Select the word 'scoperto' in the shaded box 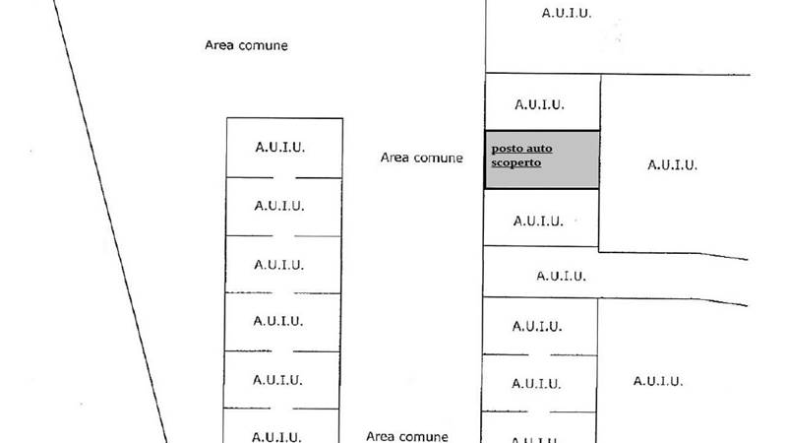point(516,162)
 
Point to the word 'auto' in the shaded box point(539,149)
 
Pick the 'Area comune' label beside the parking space point(421,157)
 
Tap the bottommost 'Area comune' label point(407,435)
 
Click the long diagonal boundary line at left point(108,226)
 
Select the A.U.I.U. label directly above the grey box point(539,104)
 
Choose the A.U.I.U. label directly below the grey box point(539,221)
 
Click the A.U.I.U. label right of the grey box point(673,165)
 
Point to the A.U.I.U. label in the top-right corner point(568,14)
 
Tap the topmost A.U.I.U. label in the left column point(279,148)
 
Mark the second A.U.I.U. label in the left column point(279,207)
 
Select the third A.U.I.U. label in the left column point(279,264)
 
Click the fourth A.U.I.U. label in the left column point(279,321)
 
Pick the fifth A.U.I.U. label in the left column point(279,379)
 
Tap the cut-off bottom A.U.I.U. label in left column point(279,436)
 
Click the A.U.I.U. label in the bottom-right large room point(658,382)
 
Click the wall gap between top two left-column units point(283,177)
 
